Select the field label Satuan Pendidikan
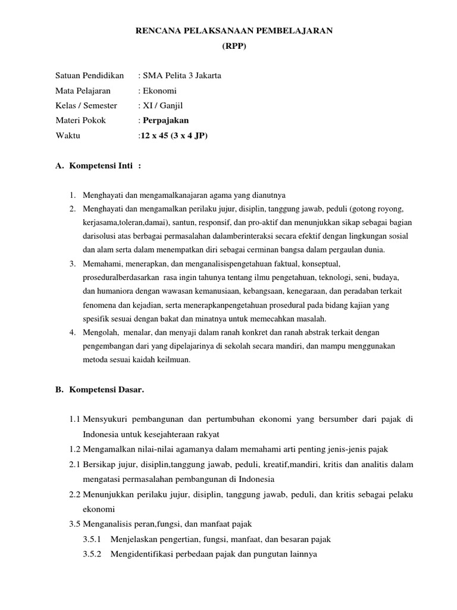pyautogui.click(x=89, y=76)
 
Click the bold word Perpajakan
pyautogui.click(x=166, y=120)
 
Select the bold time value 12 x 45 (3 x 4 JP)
pyautogui.click(x=174, y=135)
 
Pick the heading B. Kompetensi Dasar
pyautogui.click(x=100, y=389)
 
